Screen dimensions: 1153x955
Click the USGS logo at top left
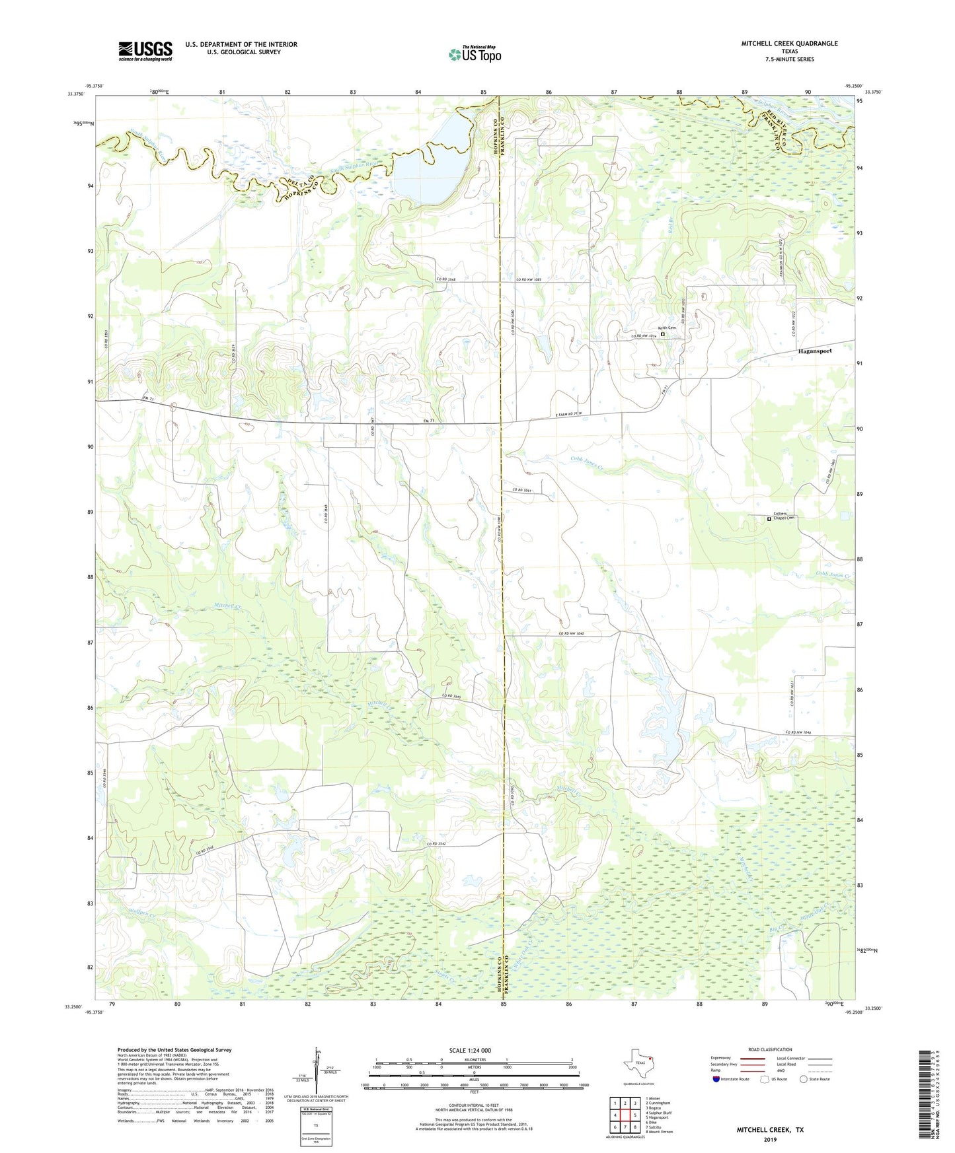pyautogui.click(x=145, y=51)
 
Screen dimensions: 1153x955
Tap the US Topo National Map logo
pyautogui.click(x=475, y=54)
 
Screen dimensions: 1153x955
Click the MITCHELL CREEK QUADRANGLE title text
pyautogui.click(x=789, y=44)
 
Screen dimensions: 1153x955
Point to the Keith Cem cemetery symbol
pyautogui.click(x=663, y=334)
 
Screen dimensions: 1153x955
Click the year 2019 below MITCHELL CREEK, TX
pyautogui.click(x=770, y=1140)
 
